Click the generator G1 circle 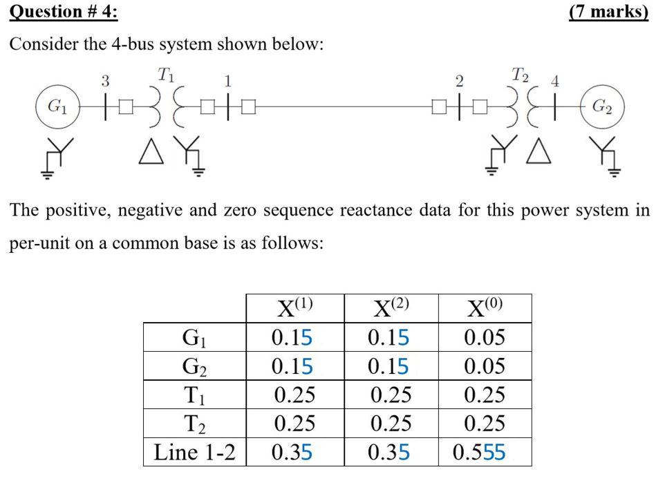click(x=57, y=107)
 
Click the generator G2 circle click(x=602, y=107)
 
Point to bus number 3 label click(x=105, y=81)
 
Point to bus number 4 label click(x=554, y=81)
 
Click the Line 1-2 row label click(x=194, y=453)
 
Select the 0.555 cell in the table click(x=485, y=453)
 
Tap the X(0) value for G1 click(x=485, y=337)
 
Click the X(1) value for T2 click(x=294, y=424)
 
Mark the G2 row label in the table click(x=194, y=366)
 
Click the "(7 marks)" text click(x=608, y=13)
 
